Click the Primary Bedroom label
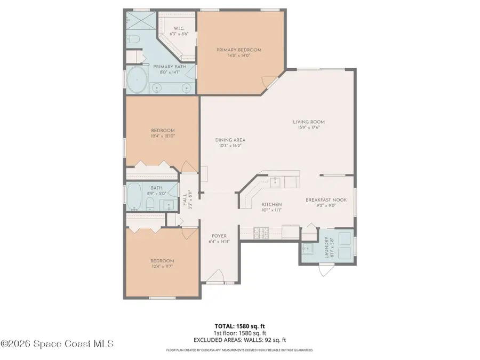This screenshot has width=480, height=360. (x=238, y=50)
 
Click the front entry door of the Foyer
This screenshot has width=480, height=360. (x=215, y=276)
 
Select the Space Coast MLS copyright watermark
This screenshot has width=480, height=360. (x=57, y=344)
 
